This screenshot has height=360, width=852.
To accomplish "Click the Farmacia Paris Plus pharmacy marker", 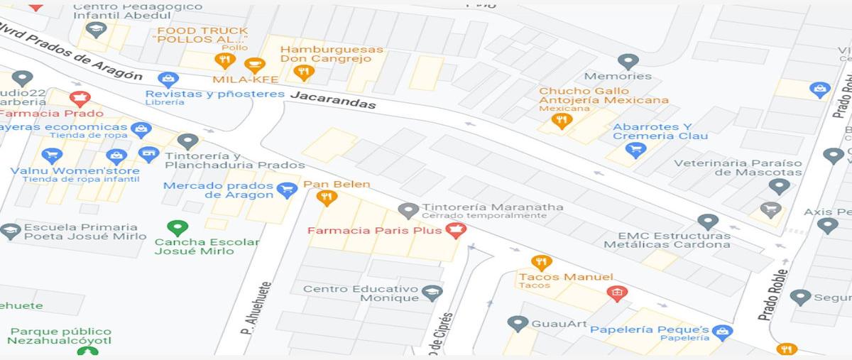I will point(454,229).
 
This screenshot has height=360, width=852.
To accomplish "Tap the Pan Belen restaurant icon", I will point(327,197).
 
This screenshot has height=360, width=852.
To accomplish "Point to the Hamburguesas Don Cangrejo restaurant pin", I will point(303,72).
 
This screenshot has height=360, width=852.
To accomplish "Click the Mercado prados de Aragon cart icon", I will point(287,189).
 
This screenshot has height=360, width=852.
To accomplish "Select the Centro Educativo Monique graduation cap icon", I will point(432,293).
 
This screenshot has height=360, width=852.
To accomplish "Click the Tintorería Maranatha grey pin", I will point(408,210).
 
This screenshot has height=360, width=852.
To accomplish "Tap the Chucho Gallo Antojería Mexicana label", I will point(603,96).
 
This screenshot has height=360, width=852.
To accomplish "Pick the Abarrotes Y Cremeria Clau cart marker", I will point(635,149).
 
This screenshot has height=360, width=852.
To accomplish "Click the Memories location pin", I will point(628,62).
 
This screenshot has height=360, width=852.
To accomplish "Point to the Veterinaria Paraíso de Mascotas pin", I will point(780,186).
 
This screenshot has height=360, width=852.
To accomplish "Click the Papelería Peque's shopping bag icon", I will point(722,332).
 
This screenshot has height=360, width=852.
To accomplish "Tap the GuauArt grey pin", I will point(518,323).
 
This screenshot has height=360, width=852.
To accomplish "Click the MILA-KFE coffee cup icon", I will point(254,65).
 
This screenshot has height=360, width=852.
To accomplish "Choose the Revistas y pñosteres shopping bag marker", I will point(168,79).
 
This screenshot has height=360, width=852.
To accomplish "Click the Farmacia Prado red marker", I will point(80,98).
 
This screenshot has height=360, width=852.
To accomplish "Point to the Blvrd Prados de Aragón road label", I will point(71,51).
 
